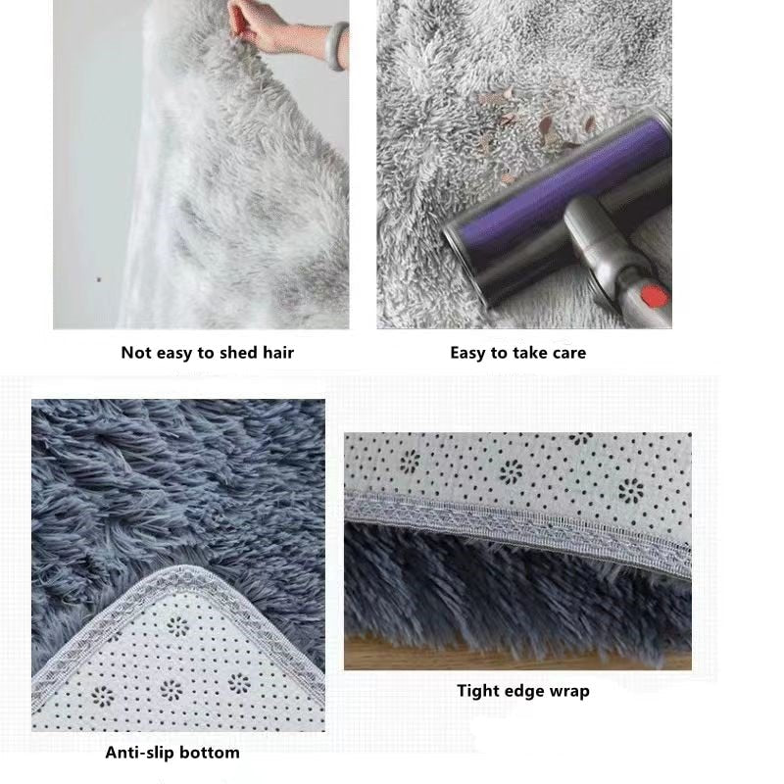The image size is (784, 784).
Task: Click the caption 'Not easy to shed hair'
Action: pos(207,353)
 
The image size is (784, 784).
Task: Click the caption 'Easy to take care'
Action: pos(517,353)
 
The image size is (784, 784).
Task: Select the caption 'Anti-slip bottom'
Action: pos(171,753)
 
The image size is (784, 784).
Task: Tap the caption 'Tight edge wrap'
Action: pos(522,691)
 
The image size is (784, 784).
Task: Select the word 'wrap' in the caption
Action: pos(568,691)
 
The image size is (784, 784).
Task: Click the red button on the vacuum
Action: pos(654,296)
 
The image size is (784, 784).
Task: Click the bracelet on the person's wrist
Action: pos(337,46)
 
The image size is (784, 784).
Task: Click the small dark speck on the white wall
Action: pos(97,279)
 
